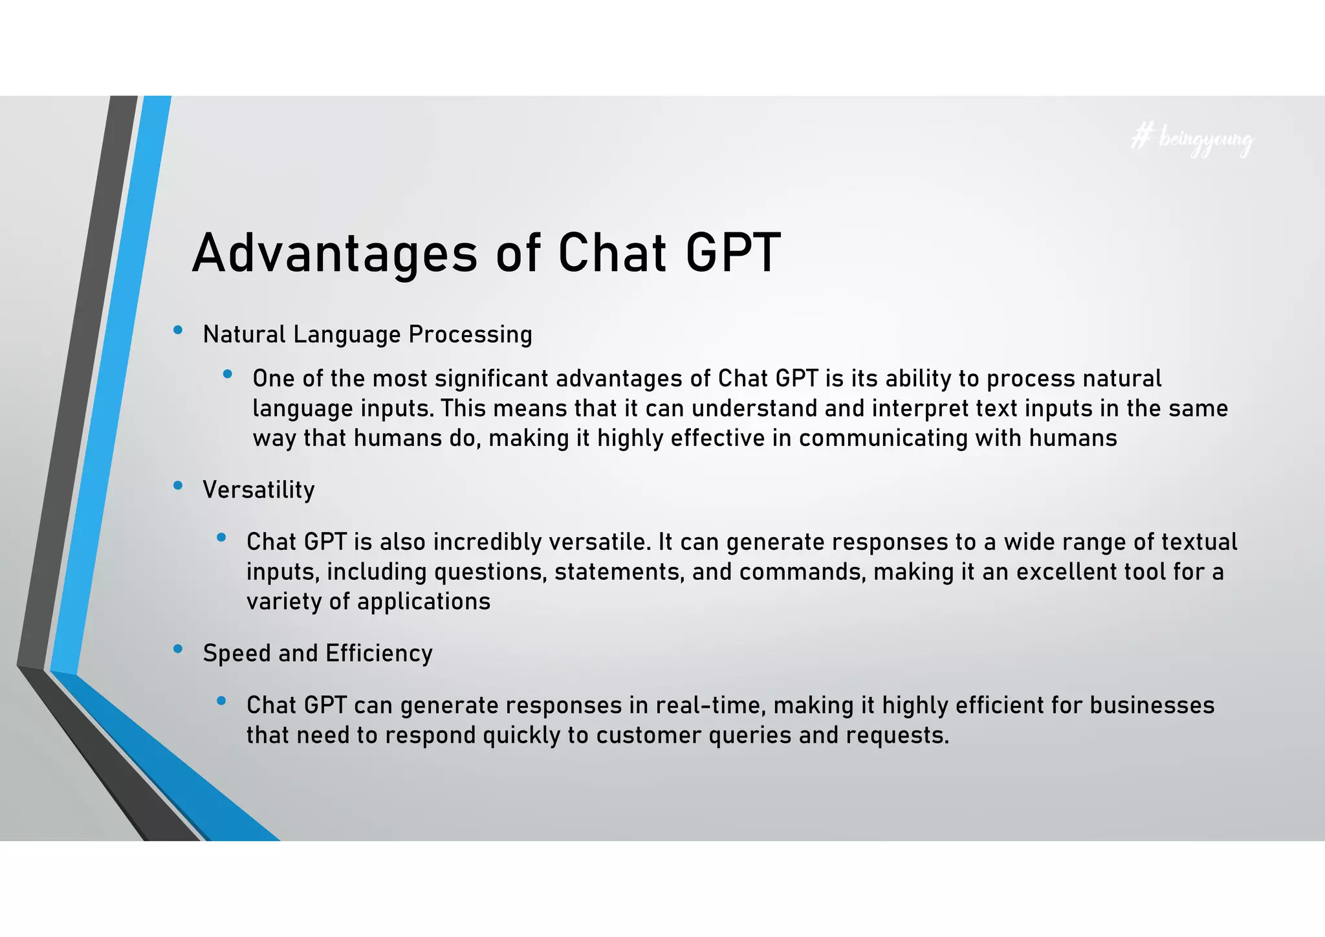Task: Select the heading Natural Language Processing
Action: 367,335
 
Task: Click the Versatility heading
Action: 258,490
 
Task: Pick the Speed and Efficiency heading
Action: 317,653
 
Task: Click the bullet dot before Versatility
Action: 178,485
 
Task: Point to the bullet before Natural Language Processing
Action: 178,331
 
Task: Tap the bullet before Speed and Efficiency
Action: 178,648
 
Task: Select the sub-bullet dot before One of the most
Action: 227,374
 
